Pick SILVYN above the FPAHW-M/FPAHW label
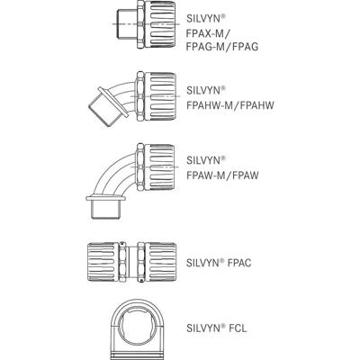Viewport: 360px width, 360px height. click(206, 89)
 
